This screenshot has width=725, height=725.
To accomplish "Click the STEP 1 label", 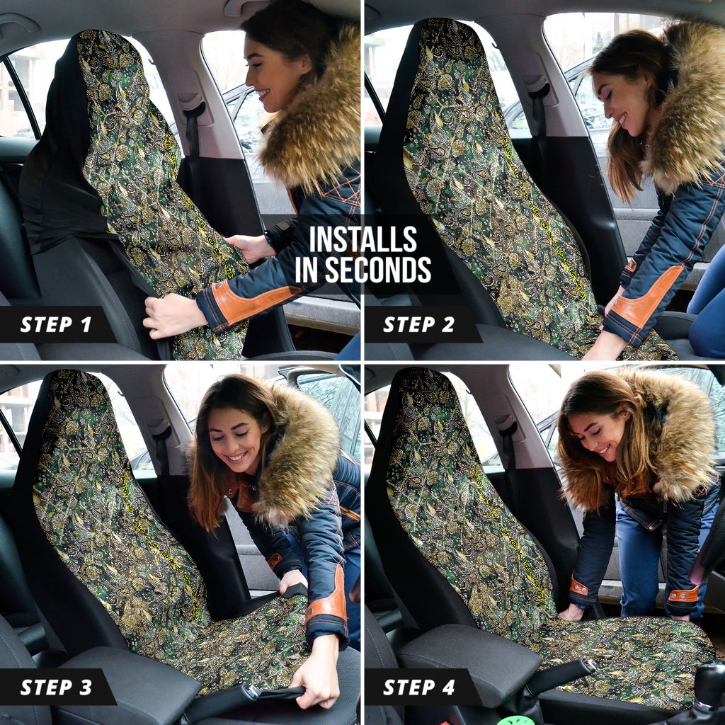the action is point(56,324).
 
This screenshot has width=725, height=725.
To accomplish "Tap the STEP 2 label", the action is point(419,324).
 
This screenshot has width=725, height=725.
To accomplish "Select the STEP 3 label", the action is point(56,687).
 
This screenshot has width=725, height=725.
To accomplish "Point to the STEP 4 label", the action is point(419,687).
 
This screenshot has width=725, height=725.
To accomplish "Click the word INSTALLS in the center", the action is point(363,239).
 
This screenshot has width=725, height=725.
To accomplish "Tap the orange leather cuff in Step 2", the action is point(647,296).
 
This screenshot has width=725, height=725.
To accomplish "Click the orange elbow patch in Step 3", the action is point(329,596).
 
